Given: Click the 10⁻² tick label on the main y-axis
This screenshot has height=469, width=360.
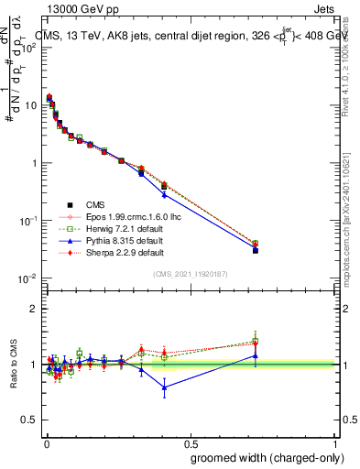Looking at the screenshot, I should pos(27,278).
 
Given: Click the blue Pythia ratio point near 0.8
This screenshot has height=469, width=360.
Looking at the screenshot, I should pos(165,387).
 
